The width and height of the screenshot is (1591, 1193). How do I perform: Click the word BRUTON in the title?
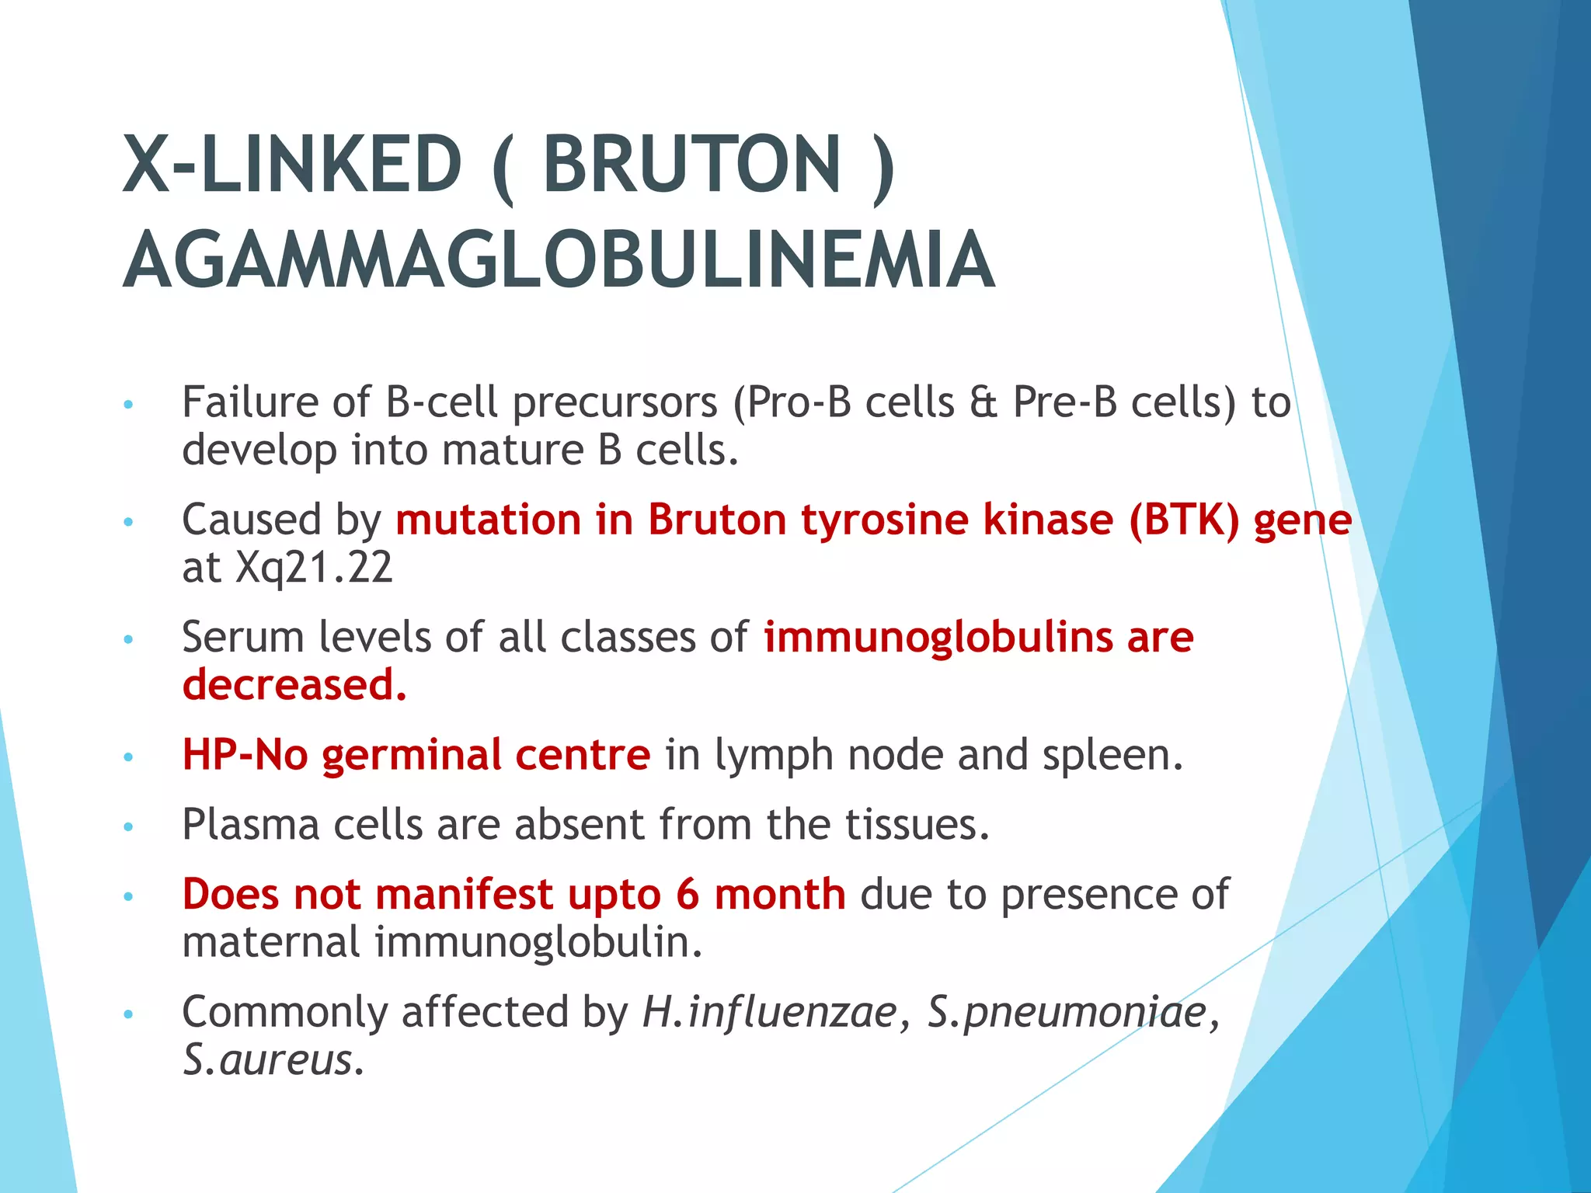pos(691,165)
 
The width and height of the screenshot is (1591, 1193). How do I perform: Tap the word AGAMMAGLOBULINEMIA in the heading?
pos(559,261)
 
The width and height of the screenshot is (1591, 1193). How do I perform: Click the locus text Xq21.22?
pos(314,568)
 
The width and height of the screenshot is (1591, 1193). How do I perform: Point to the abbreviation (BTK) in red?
pos(1184,520)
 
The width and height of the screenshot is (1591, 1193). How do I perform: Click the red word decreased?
pos(294,685)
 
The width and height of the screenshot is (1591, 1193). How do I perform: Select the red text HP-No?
pos(245,755)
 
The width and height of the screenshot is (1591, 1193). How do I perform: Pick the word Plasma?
pos(250,825)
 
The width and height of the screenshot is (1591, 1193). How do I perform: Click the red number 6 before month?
pos(688,895)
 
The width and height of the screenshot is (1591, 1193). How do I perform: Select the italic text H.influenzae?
pos(769,1012)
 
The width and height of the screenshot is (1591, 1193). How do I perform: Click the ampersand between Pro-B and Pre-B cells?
pos(983,403)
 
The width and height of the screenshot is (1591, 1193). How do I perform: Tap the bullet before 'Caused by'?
pos(129,522)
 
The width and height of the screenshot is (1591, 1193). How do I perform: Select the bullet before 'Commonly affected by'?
pos(129,1014)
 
